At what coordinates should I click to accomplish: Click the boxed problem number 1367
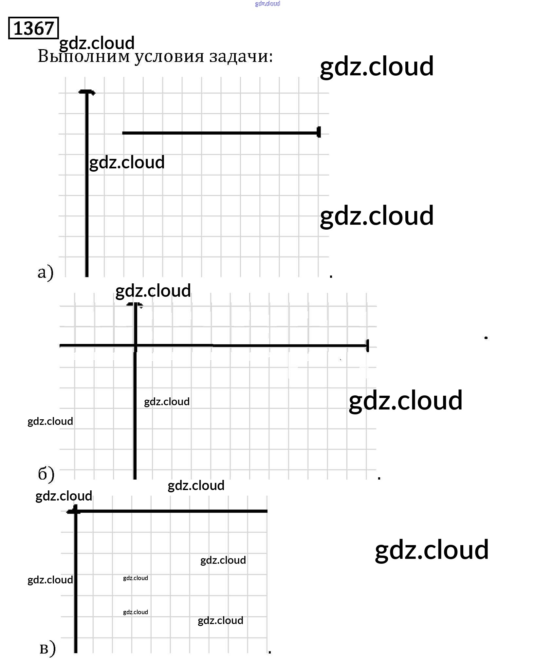(x=33, y=28)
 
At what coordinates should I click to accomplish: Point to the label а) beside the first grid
(x=45, y=273)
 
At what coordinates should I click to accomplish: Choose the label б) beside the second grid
(x=46, y=474)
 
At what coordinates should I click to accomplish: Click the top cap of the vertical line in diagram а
(x=87, y=92)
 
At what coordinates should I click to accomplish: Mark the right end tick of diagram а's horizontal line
(x=319, y=132)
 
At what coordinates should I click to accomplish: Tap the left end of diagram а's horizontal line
(x=123, y=133)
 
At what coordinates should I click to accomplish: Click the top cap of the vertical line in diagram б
(x=135, y=305)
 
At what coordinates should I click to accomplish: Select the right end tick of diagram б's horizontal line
(x=367, y=346)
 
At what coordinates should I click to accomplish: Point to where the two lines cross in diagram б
(x=135, y=346)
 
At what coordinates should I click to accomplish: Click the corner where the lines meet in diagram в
(x=76, y=511)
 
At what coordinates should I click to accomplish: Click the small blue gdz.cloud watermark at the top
(x=267, y=4)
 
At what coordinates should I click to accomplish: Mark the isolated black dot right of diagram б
(x=486, y=338)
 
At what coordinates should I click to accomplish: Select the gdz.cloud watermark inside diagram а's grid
(x=127, y=163)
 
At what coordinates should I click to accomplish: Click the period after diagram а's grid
(x=331, y=276)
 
